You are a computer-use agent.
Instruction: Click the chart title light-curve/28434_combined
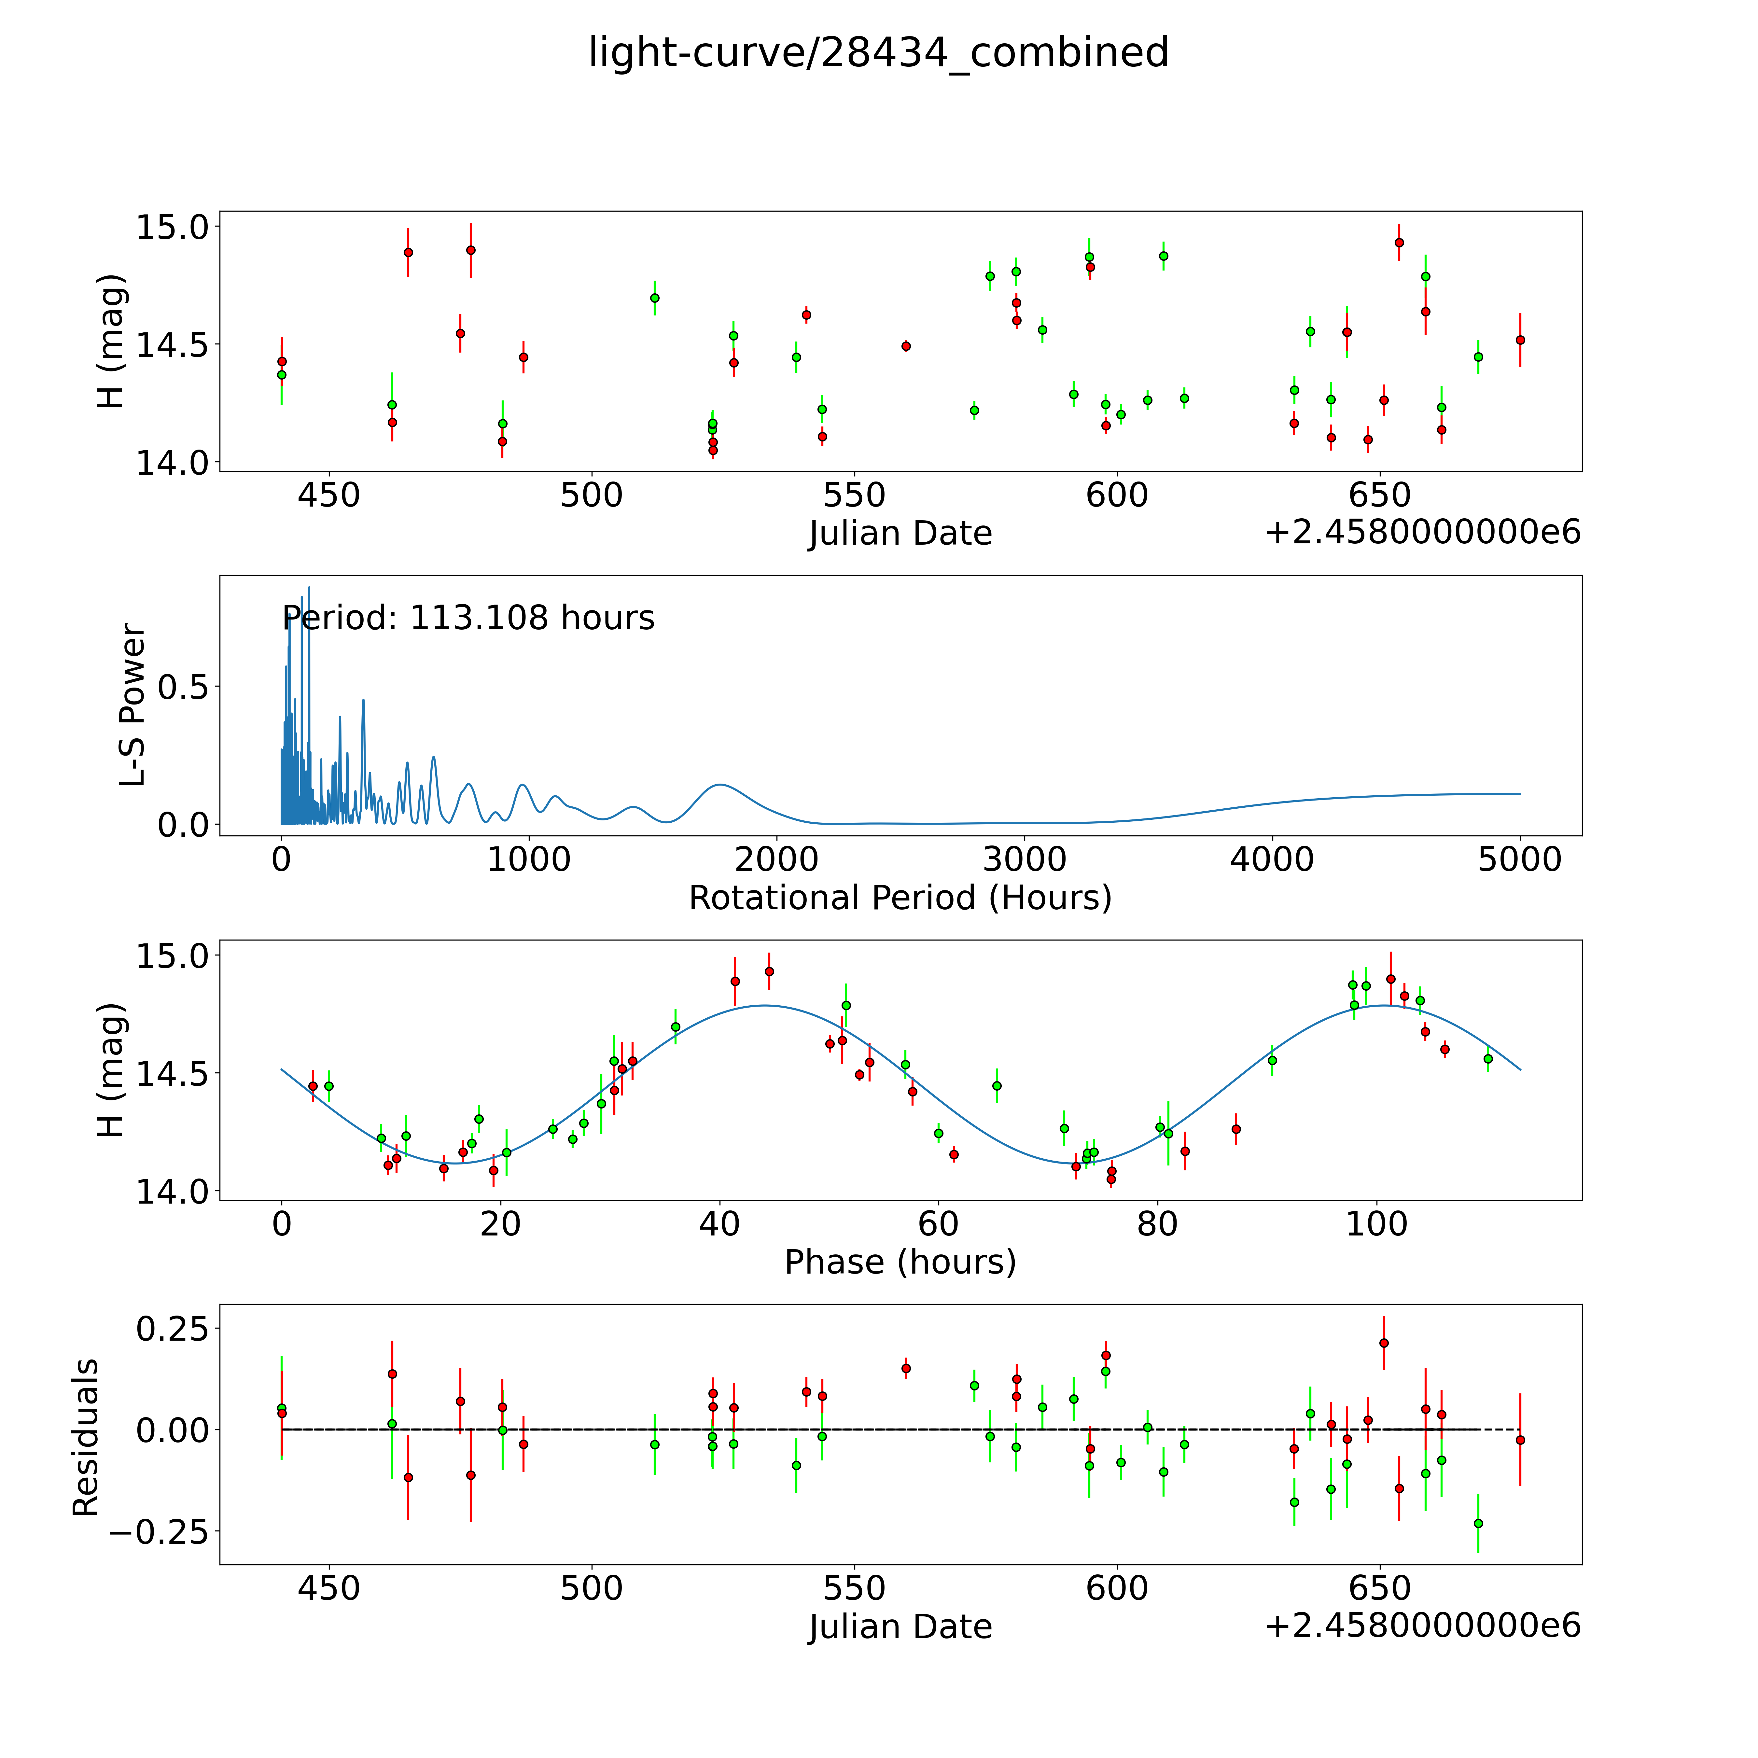click(x=878, y=53)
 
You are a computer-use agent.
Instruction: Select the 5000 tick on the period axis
click(x=1520, y=860)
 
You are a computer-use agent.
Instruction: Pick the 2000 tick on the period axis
click(x=776, y=860)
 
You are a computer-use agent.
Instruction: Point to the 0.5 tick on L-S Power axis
click(x=182, y=687)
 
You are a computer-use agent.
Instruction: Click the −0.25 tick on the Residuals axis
click(x=159, y=1531)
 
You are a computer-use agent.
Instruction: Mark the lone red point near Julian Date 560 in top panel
click(x=905, y=346)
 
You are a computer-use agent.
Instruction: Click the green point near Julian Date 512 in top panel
click(x=654, y=298)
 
